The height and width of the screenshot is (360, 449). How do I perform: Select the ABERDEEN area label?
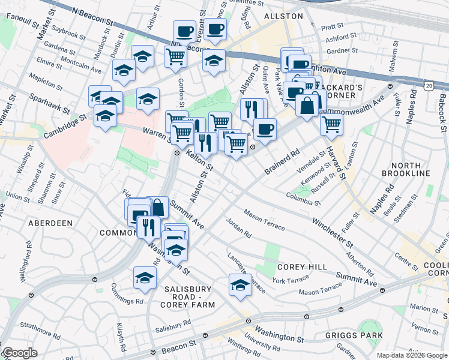[x=50, y=223]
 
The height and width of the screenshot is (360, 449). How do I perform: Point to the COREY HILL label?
[x=302, y=266]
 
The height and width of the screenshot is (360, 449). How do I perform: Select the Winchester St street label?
[x=332, y=231]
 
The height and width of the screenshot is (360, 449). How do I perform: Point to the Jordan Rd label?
[x=238, y=229]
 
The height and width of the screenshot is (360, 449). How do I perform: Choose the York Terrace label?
[x=291, y=280]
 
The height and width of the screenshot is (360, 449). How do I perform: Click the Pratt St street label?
[x=332, y=26]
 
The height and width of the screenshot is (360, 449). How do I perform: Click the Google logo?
[x=19, y=353]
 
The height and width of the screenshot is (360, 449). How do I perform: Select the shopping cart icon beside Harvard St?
[x=331, y=124]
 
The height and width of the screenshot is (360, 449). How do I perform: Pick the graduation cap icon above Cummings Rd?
[x=145, y=277]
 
